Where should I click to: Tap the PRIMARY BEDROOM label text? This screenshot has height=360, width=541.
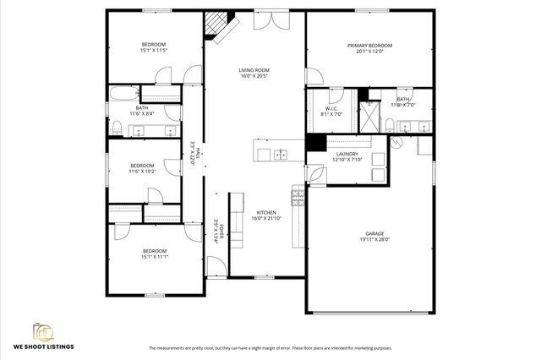pos(369,46)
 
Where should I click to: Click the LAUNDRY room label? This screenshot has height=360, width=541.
pos(347,154)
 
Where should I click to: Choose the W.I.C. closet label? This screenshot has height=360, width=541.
pos(332,109)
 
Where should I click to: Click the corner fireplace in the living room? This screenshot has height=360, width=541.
pos(217,26)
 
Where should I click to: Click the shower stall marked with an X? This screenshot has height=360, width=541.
pos(370,114)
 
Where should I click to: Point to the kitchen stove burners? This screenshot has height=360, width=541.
pos(298,197)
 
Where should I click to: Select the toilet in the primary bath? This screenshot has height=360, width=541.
pos(389,126)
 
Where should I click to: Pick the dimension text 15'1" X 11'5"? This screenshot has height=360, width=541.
pos(153,50)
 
